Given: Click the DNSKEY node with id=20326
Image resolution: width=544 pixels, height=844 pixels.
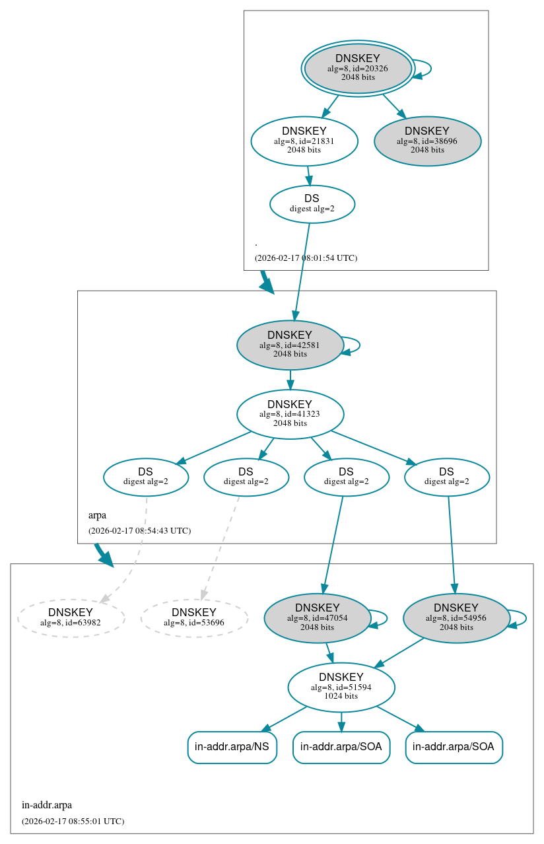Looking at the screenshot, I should (358, 68).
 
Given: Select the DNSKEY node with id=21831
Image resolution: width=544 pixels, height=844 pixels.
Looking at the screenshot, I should (304, 141).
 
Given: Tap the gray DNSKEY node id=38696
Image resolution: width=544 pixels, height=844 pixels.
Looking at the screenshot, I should (427, 141).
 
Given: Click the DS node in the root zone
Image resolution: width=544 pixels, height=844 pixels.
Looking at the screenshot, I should (312, 204).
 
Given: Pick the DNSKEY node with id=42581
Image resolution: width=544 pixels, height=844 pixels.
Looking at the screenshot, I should (290, 345).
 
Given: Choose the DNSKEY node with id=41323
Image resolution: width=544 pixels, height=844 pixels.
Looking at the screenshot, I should (290, 414).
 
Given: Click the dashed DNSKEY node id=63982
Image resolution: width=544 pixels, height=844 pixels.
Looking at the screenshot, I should (71, 617).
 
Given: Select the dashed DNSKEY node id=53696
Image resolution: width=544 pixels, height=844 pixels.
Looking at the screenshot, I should (194, 617).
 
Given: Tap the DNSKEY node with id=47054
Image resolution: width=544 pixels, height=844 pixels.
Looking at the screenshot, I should (318, 617).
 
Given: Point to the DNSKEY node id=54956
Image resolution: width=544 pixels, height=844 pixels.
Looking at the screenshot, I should (456, 617).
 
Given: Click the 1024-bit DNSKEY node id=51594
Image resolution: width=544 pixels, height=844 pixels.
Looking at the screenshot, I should (341, 687).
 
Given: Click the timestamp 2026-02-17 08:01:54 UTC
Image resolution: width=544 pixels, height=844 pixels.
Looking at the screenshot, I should (306, 258).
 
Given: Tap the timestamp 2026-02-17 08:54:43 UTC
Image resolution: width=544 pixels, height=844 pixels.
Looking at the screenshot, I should (139, 530).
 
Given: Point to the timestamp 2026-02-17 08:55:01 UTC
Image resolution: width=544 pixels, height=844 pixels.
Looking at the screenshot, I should (73, 821).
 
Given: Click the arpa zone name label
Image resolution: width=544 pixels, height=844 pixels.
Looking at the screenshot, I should (97, 515).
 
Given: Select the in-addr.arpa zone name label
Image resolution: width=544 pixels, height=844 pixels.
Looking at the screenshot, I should (47, 805).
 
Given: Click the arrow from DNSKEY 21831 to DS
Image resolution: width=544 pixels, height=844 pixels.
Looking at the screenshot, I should (308, 176).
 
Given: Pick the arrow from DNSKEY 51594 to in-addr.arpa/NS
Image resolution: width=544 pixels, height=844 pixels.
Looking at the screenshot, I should (285, 719).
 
